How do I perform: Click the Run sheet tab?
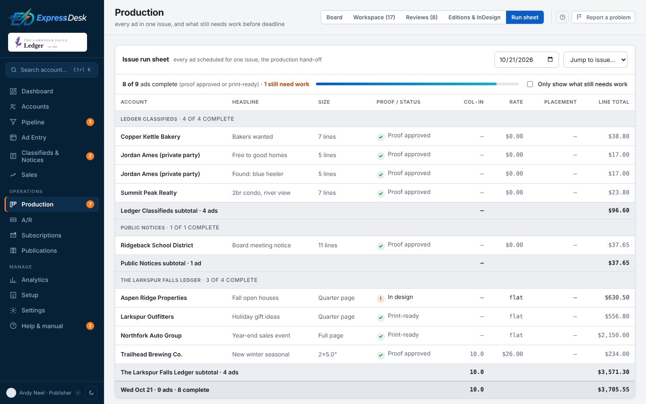[x=524, y=18]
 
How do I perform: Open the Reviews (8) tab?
[x=421, y=18]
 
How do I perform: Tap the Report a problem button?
[x=603, y=18]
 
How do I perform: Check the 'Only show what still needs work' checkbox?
[x=530, y=84]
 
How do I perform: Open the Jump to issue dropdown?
[x=595, y=60]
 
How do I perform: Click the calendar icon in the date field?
[x=550, y=59]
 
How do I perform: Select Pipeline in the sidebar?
[x=33, y=122]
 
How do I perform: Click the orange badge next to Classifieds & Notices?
[x=90, y=156]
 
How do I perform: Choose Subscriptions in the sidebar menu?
[x=41, y=235]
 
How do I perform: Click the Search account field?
[x=52, y=70]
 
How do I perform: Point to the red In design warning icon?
[x=380, y=299]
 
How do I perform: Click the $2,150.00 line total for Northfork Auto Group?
[x=613, y=335]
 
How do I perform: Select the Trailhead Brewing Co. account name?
[x=152, y=354]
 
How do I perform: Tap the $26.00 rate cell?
[x=512, y=354]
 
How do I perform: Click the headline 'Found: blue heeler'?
[x=258, y=174]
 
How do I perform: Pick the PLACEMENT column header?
[x=560, y=102]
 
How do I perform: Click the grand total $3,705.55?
[x=613, y=390]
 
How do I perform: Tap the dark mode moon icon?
[x=91, y=393]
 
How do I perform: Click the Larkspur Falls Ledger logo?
[x=47, y=42]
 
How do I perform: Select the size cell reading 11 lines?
[x=327, y=245]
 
